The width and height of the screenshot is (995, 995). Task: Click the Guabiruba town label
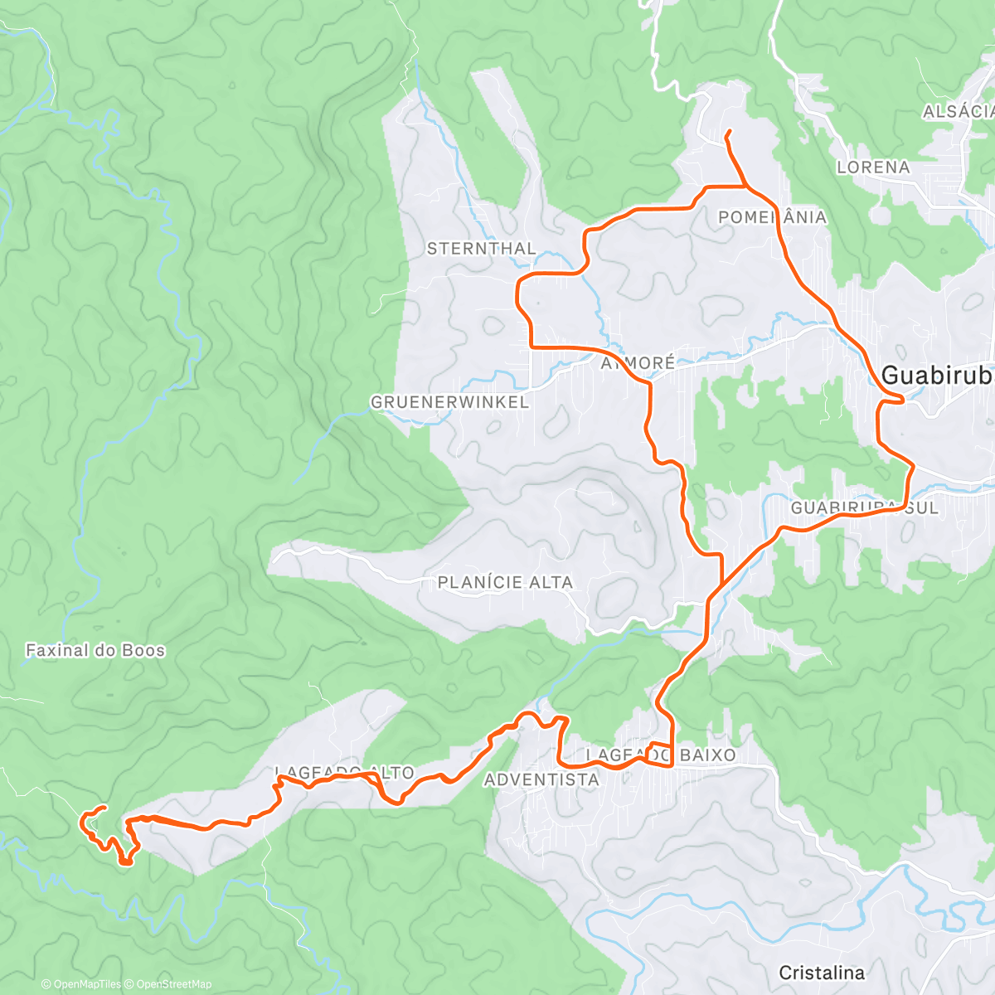click(937, 376)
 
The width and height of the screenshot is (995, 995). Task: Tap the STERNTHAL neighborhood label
click(481, 249)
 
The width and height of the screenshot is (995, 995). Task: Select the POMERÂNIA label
click(772, 217)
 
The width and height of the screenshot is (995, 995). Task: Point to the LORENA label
click(873, 167)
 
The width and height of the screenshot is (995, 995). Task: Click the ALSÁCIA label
click(958, 112)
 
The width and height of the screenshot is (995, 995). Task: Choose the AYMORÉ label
click(638, 363)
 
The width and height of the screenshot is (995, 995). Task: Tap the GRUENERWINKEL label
click(449, 402)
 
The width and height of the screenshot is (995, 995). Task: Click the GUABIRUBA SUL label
click(864, 507)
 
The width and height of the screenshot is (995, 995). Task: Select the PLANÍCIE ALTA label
click(505, 583)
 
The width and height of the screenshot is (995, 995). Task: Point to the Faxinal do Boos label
click(95, 650)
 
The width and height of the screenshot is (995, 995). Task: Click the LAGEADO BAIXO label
click(661, 755)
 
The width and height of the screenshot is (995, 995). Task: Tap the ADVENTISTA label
click(541, 779)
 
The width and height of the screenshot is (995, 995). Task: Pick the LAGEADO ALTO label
click(344, 773)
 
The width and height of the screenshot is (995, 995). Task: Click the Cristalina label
click(822, 973)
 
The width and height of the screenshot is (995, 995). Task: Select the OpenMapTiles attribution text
click(81, 984)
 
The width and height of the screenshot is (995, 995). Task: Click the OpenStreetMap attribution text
click(168, 984)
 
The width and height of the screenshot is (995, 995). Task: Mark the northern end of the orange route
click(727, 133)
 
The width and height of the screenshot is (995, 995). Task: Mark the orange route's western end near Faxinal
click(104, 807)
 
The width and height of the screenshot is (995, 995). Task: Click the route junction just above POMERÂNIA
click(744, 187)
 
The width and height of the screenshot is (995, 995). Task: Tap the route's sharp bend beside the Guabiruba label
click(901, 400)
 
